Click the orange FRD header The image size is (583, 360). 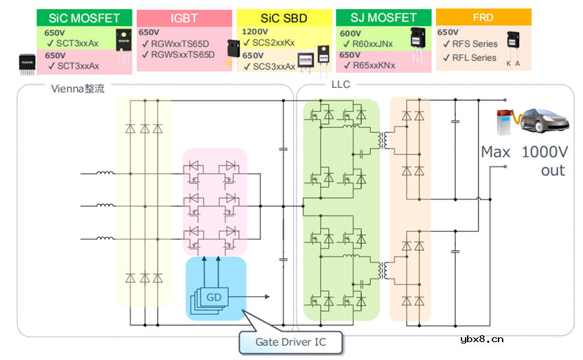483,17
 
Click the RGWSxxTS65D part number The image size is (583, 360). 183,54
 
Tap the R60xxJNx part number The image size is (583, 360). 373,43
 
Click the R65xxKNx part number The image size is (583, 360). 374,66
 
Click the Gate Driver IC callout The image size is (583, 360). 290,341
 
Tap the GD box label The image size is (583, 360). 214,296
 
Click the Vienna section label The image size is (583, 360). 78,89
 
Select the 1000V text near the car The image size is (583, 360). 542,153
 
